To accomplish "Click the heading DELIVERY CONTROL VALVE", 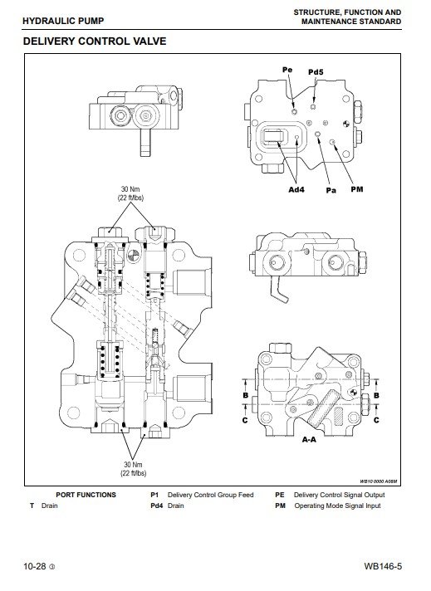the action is point(95,41).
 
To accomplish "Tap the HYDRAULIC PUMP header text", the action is point(63,21).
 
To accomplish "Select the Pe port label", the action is point(287,70).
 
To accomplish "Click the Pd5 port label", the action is point(316,72).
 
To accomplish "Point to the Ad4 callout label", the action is point(296,189).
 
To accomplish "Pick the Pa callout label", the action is point(331,190).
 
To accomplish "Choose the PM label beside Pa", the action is point(357,189).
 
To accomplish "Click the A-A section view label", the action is point(309,439).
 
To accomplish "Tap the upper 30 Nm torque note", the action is point(131,193).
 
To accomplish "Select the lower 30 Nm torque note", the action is point(134,469).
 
